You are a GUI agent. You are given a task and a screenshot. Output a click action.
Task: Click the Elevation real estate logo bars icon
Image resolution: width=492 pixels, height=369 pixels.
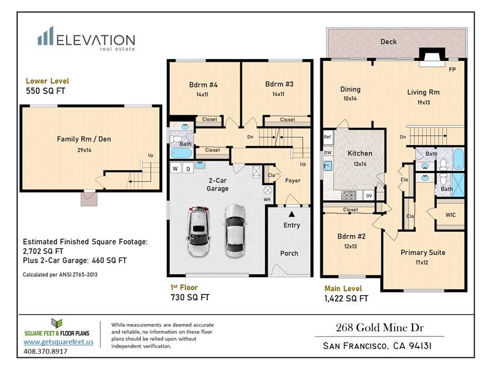[46, 36]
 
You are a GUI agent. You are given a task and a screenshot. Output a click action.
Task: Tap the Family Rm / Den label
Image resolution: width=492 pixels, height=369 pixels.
[84, 139]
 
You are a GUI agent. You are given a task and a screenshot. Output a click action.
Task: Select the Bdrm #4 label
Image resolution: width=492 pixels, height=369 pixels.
[203, 85]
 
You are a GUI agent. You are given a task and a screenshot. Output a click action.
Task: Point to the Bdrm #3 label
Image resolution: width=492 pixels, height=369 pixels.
[279, 84]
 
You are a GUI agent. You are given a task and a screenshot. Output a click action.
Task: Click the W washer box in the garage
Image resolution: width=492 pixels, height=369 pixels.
[175, 169]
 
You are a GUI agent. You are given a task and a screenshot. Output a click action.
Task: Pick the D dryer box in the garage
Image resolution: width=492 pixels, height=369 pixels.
[188, 169]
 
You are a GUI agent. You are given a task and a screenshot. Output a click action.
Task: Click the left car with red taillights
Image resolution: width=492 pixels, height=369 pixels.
[198, 231]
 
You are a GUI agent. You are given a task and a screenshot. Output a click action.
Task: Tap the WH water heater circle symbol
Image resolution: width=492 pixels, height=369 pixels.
[268, 190]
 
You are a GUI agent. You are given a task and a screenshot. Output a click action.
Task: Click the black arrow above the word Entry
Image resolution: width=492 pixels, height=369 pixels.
[292, 214]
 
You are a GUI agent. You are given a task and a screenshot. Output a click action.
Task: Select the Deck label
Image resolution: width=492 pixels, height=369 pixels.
[389, 41]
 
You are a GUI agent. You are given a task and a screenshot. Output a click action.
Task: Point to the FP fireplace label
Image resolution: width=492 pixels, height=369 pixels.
[452, 69]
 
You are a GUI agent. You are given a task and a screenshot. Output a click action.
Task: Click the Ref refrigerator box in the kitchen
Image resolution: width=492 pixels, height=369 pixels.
[328, 137]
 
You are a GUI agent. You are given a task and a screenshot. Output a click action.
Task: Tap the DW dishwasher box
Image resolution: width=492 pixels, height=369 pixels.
[328, 153]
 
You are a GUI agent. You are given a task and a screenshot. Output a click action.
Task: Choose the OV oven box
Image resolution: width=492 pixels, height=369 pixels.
[369, 196]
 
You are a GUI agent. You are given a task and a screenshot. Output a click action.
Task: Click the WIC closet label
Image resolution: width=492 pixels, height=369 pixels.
[450, 215]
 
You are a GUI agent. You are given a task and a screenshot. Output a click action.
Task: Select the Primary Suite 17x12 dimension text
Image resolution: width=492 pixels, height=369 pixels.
[422, 263]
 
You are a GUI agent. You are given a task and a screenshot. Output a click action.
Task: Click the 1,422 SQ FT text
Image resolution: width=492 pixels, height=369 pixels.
[346, 298]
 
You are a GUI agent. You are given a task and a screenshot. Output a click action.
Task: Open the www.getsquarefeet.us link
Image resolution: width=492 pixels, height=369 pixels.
[58, 342]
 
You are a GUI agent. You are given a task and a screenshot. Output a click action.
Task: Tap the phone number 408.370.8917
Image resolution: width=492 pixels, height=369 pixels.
[46, 351]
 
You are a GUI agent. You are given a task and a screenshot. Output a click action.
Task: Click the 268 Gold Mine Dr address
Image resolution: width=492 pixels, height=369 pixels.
[379, 328]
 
